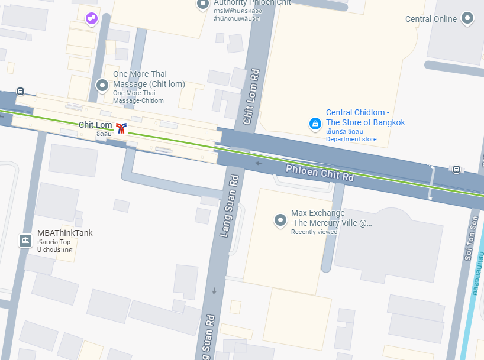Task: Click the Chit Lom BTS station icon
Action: (121, 128)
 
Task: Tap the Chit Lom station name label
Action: (95, 125)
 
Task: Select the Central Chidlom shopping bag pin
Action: (315, 124)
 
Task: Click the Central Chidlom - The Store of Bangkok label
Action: (365, 118)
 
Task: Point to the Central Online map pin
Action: (468, 18)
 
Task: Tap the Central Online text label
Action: (431, 19)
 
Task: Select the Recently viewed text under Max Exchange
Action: (314, 232)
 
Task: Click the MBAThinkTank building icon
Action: (25, 241)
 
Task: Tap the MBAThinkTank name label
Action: (64, 233)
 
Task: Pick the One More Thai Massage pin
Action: (102, 85)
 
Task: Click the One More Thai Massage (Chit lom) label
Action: (149, 79)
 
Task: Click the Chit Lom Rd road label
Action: (251, 97)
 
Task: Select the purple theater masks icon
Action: (91, 19)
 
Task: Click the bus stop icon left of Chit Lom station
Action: (21, 92)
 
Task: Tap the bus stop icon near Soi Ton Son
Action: (456, 170)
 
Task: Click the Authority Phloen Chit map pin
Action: (203, 5)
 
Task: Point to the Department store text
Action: (351, 139)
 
